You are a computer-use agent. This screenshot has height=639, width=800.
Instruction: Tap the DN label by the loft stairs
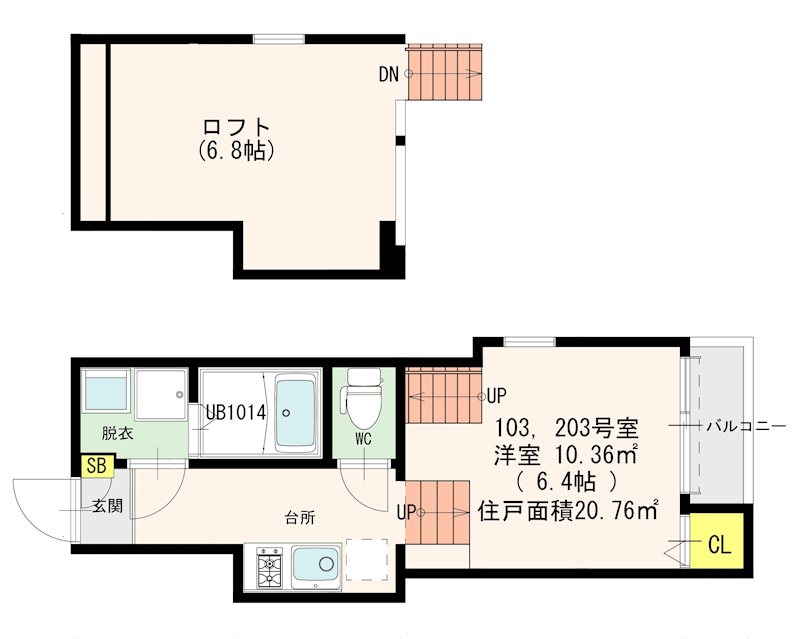390,74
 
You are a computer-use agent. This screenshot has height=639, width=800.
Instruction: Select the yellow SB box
97,465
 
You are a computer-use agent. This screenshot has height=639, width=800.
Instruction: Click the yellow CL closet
719,545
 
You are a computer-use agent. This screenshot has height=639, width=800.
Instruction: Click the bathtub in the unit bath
295,411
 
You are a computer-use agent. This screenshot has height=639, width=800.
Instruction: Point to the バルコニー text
746,426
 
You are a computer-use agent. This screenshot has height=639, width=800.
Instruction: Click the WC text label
362,438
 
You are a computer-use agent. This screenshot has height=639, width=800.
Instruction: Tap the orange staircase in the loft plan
444,73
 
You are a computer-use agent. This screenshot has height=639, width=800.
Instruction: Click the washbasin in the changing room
105,393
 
